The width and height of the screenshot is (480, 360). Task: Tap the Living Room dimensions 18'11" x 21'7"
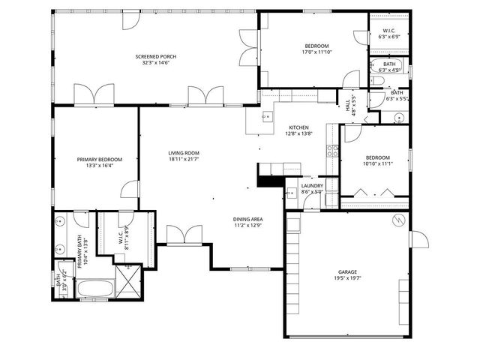(x=183, y=159)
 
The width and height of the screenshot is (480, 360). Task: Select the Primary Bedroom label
(x=99, y=159)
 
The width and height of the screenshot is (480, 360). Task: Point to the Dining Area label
(x=247, y=218)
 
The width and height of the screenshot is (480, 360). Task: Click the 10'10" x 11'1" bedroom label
(x=377, y=158)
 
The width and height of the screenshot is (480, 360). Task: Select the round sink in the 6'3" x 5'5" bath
(x=399, y=117)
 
